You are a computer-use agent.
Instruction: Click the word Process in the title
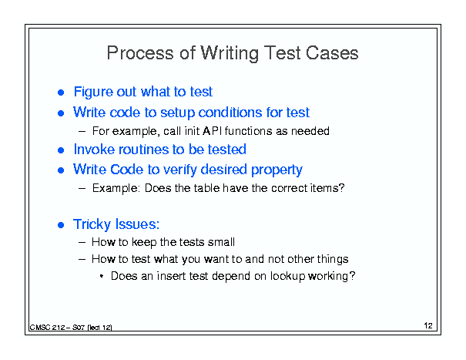pyautogui.click(x=140, y=53)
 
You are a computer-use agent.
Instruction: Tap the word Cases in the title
pyautogui.click(x=332, y=53)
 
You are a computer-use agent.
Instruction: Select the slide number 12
pyautogui.click(x=428, y=326)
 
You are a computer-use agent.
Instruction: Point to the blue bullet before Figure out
pyautogui.click(x=61, y=93)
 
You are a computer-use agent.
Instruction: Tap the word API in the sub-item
pyautogui.click(x=212, y=131)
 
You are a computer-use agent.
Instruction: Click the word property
pyautogui.click(x=277, y=170)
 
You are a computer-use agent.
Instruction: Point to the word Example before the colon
pyautogui.click(x=115, y=188)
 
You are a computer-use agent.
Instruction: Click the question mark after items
pyautogui.click(x=342, y=188)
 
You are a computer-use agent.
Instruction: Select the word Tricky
pyautogui.click(x=92, y=224)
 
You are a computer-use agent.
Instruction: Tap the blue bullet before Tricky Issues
pyautogui.click(x=61, y=225)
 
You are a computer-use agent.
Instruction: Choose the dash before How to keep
pyautogui.click(x=82, y=243)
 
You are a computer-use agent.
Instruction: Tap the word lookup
pyautogui.click(x=287, y=277)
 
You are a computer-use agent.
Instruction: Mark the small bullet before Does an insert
pyautogui.click(x=102, y=277)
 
